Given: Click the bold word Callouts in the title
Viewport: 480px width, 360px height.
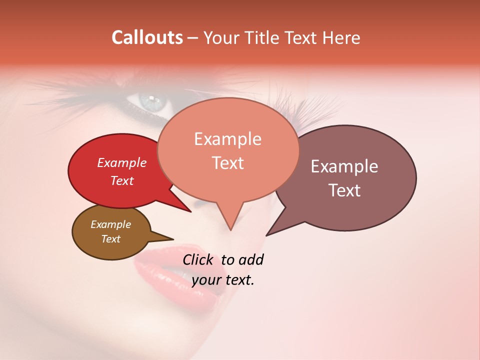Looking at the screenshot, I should tap(147, 37).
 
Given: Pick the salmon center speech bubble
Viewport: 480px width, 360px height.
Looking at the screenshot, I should tap(228, 180).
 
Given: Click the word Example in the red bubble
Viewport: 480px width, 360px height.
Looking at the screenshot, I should tap(121, 162).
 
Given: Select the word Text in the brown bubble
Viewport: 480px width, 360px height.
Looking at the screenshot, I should tap(111, 239).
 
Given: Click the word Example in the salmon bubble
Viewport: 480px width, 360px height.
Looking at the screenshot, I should tap(227, 139).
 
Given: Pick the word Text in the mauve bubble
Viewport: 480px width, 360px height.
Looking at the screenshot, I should tap(344, 190).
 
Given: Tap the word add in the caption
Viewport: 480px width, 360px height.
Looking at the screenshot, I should tap(250, 260).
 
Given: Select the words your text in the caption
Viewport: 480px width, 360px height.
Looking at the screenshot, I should tap(222, 280).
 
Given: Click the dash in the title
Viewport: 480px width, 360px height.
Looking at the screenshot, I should tap(194, 38).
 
